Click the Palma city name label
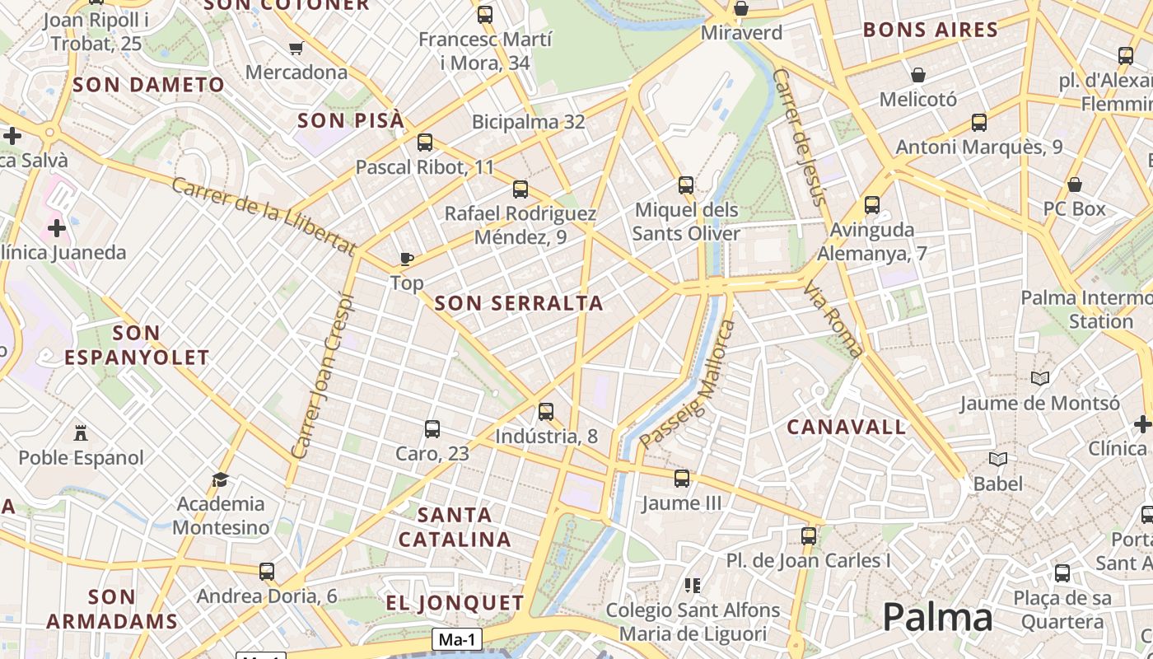coord(937,617)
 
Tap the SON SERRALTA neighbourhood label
coord(519,303)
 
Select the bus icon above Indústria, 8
coord(545,412)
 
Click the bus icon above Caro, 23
coord(432,428)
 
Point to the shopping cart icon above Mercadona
coord(296,48)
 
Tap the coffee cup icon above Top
coord(406,259)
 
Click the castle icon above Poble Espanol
coord(81,432)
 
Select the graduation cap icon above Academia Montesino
coord(220,479)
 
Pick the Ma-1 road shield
coord(457,640)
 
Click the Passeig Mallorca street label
coord(687,385)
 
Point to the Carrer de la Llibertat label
coord(263,214)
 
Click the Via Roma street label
coord(833,320)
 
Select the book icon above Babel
coord(998,459)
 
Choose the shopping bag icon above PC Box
coord(1074,185)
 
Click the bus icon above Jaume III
coord(681,478)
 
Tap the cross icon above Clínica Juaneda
coord(56,227)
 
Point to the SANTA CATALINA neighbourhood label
coord(455,527)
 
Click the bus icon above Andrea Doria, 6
coord(266,571)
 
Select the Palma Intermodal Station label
coord(1085,309)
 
